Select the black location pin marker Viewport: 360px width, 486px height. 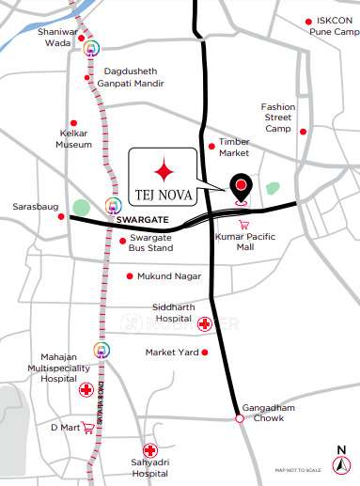point(242,187)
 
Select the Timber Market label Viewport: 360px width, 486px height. point(234,147)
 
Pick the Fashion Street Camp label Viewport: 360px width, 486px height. point(277,117)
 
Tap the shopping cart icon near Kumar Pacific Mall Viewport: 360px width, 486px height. point(244,225)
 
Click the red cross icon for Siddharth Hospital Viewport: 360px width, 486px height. point(205,323)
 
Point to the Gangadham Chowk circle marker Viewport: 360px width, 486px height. point(239,418)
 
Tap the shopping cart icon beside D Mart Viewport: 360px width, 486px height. point(88,428)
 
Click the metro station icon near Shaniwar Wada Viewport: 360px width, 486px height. point(91,47)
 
